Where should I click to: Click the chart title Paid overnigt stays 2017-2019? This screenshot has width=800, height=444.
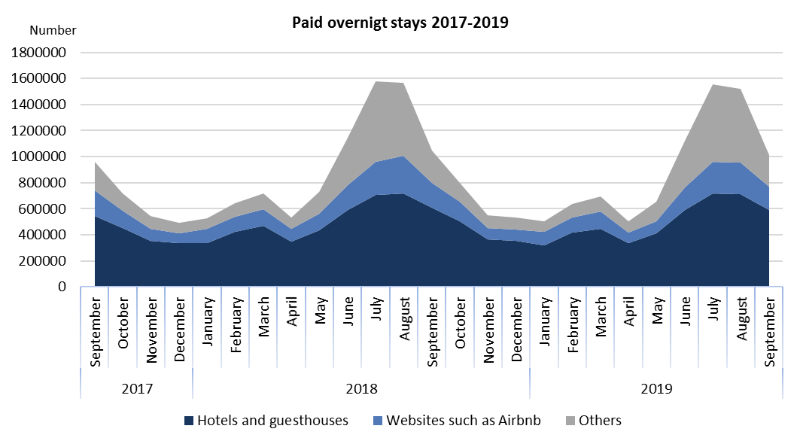point(400,23)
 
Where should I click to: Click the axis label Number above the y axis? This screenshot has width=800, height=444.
point(53,31)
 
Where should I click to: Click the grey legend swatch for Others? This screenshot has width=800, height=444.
point(570,421)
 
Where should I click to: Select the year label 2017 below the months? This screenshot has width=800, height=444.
point(137,389)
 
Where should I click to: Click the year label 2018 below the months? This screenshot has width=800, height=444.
point(361,389)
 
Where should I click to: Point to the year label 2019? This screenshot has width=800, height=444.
point(656,389)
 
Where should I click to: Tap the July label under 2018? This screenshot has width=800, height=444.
point(376,319)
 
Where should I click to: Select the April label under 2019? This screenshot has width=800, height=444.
point(628,320)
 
